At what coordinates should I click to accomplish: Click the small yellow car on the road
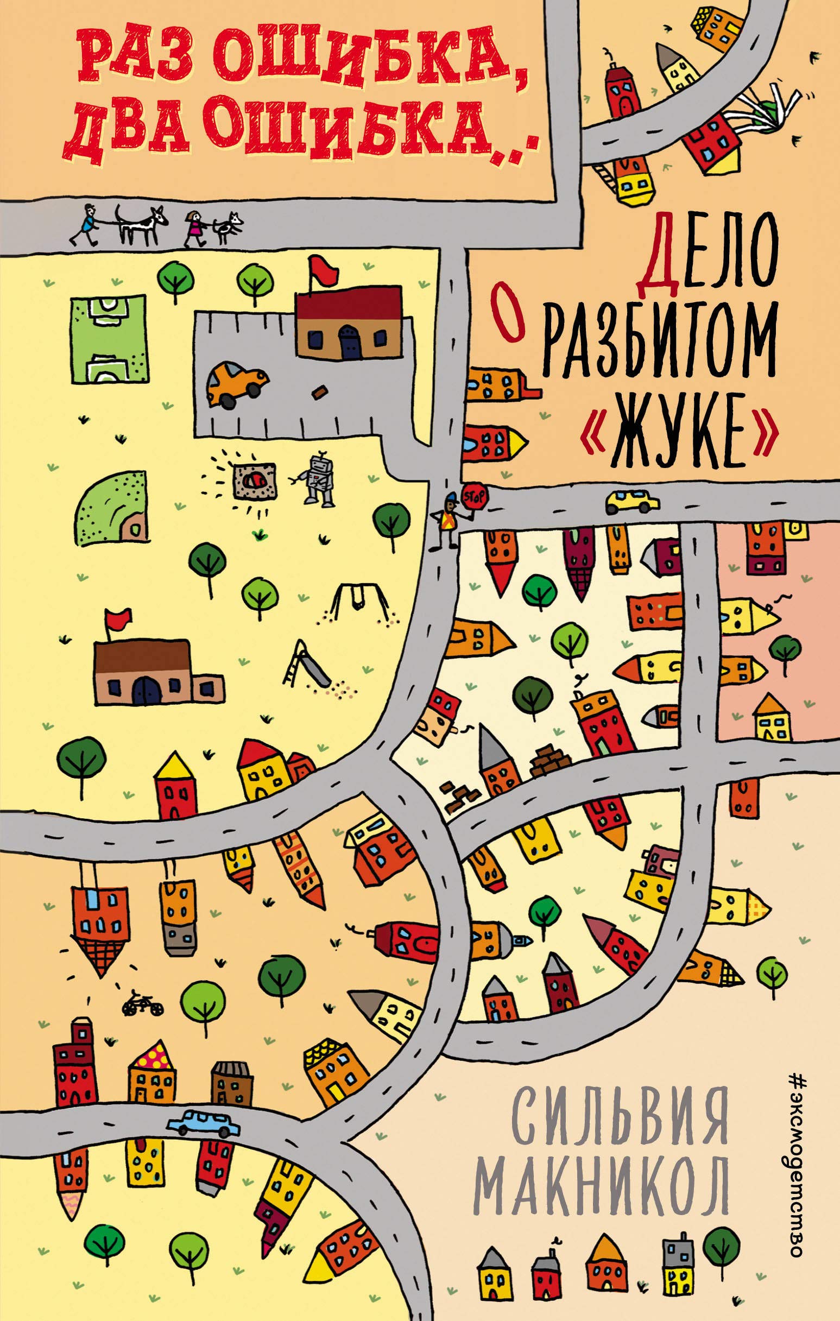[631, 501]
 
